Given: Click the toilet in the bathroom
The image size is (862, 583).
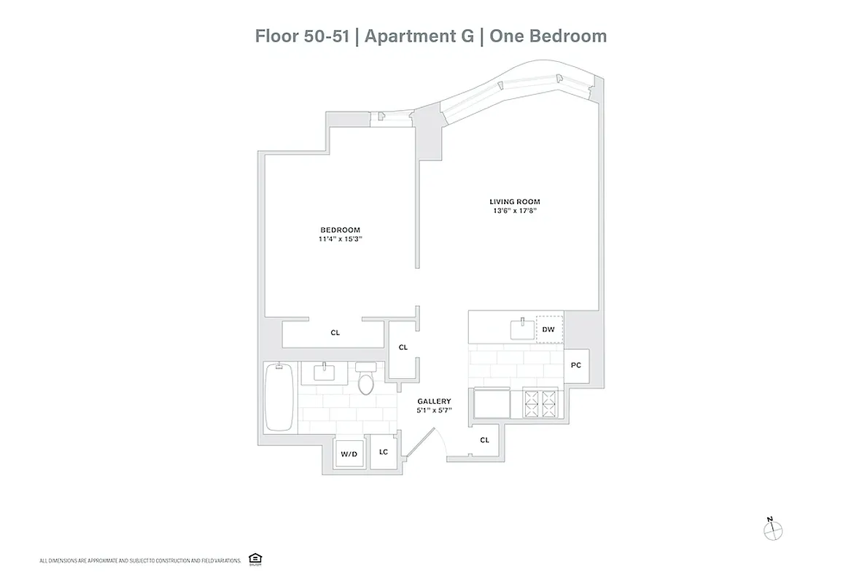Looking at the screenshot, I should [x=365, y=381].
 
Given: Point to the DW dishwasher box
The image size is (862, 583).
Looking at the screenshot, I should [x=549, y=329].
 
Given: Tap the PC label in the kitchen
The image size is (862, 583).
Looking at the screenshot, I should [x=575, y=364].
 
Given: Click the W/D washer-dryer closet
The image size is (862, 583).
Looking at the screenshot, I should [x=349, y=453].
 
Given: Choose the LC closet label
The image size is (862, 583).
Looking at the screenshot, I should [x=383, y=453].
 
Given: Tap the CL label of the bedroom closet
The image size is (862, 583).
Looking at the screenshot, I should [x=335, y=333].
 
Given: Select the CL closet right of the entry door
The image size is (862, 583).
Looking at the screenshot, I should [x=484, y=440].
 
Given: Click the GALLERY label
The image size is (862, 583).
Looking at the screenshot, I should [x=434, y=402].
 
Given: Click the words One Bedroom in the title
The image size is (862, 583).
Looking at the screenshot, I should [x=548, y=36].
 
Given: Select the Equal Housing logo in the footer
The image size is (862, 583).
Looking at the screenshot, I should [x=255, y=558].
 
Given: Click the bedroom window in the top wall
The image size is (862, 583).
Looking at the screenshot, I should [x=392, y=117].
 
